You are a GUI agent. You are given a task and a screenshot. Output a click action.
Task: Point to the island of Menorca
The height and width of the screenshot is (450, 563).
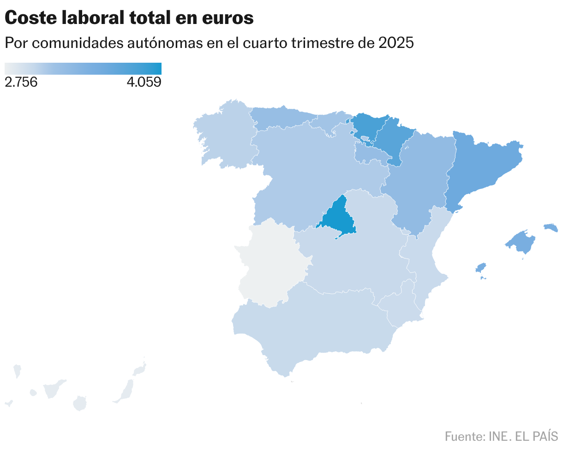[551, 227]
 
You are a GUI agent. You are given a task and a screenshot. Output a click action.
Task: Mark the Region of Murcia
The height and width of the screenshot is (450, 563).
[399, 304]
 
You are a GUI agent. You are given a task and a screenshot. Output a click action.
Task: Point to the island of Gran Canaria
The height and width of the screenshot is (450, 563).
[80, 403]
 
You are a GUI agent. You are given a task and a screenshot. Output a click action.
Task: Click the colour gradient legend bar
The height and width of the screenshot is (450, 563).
[83, 68]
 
